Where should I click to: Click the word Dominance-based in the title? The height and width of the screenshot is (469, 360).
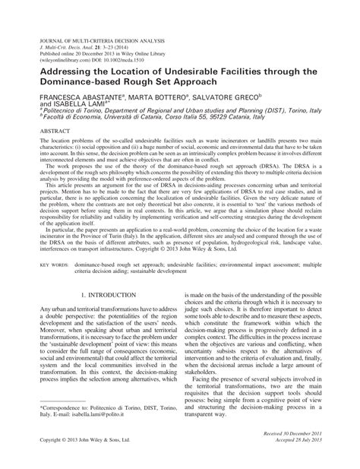tap(84, 83)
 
